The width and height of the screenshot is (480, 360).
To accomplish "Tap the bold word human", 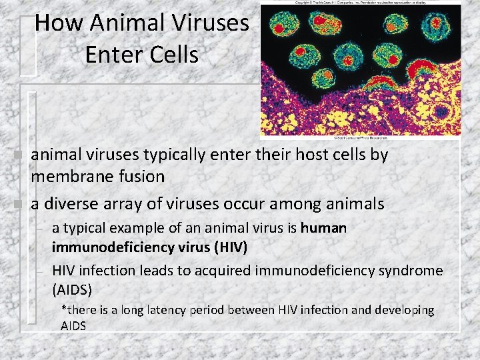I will pos(323,228).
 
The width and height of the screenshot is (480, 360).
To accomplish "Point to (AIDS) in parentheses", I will pos(72,290).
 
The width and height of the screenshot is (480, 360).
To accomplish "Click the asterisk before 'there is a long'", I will pos(64,309).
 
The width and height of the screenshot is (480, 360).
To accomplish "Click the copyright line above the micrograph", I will pos(360,3).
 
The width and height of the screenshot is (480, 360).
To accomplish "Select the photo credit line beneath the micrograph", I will pos(359,139).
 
